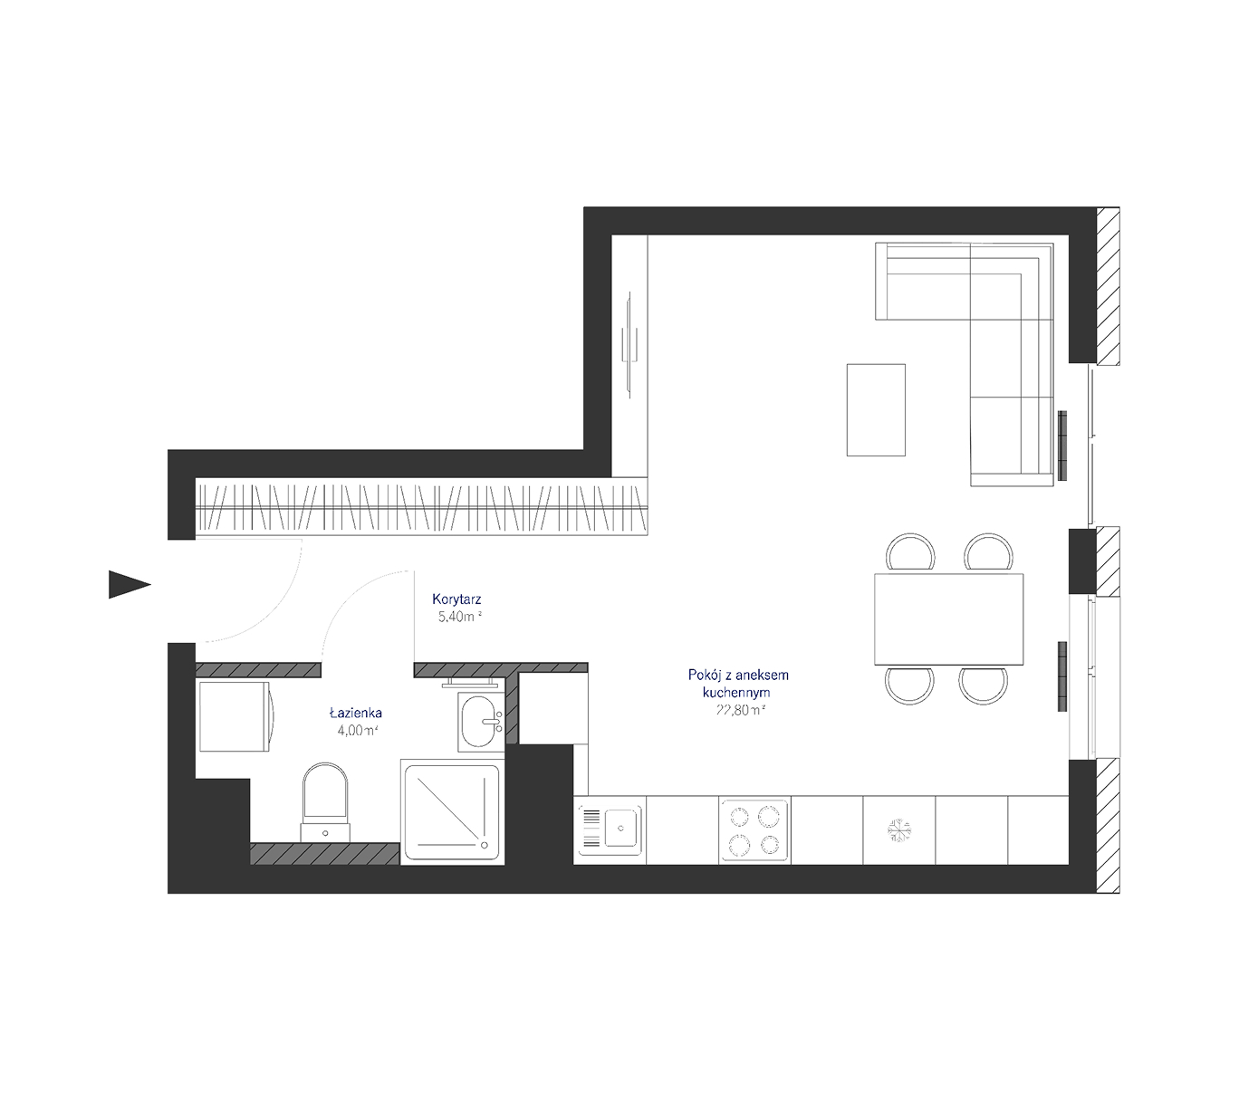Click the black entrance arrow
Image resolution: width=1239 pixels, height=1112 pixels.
point(127,584)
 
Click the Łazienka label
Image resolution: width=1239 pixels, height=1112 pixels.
point(355,712)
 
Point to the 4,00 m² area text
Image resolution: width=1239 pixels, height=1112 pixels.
point(358,730)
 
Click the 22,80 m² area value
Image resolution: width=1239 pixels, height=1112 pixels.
point(741,710)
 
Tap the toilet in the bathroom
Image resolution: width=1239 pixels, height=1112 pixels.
point(325,802)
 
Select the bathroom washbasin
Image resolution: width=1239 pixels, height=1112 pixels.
point(481,723)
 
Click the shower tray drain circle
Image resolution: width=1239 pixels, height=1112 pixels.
point(485,845)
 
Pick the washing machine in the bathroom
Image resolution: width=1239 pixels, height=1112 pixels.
point(236,716)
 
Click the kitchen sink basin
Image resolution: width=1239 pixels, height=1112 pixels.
point(620,829)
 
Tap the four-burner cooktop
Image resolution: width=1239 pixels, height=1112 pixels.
point(754,830)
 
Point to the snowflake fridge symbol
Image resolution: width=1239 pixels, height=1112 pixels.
point(898,830)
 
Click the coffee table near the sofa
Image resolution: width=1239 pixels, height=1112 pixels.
point(876,410)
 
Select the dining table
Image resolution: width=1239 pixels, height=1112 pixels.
point(948,619)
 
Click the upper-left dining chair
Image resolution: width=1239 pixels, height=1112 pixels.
point(910,553)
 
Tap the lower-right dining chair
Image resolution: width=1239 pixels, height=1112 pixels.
point(983,685)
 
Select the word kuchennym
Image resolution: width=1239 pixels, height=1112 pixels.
point(735,693)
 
